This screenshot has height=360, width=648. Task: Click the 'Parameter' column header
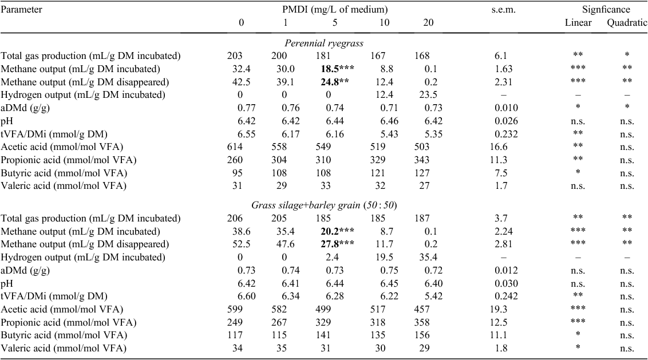tap(22, 10)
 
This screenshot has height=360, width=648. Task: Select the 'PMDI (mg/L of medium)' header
tap(335, 10)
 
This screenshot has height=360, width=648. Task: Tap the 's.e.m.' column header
tap(503, 10)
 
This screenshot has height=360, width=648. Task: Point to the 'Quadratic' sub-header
tap(626, 23)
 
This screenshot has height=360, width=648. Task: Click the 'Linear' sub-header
tap(578, 23)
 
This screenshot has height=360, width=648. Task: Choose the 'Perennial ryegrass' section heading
tap(324, 43)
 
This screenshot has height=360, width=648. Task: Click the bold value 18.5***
tap(337, 69)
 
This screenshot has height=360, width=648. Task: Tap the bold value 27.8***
tap(337, 244)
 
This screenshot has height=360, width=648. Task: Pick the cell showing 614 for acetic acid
tap(235, 147)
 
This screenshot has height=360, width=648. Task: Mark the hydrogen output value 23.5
tap(428, 95)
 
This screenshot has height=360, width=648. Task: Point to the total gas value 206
tap(235, 219)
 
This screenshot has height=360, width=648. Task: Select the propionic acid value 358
tap(421, 322)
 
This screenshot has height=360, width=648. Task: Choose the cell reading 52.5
tap(242, 244)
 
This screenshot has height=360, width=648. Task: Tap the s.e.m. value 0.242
tap(506, 296)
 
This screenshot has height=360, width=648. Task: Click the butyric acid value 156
tap(421, 335)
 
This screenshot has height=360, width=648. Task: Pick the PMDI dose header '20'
tap(428, 23)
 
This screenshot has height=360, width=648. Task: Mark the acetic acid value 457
tap(421, 309)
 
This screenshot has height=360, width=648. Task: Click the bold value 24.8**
tap(335, 82)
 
